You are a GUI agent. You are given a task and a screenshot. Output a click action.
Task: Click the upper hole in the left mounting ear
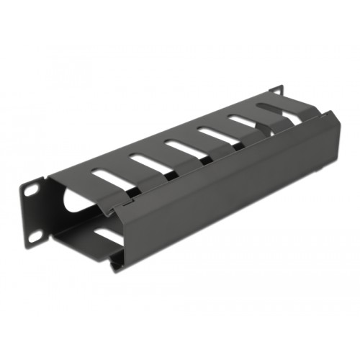coord(32,188)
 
